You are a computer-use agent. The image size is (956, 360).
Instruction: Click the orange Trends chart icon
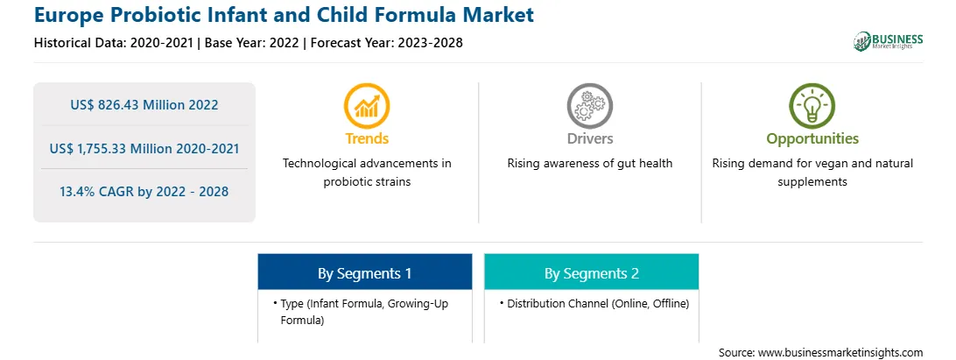coord(367,106)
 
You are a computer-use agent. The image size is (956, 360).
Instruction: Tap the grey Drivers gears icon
coord(589,106)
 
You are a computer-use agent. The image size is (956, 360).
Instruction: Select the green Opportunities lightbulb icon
coord(812,106)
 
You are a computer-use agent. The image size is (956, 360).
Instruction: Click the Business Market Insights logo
coord(888,41)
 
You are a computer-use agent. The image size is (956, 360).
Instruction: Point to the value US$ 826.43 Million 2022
coord(144,105)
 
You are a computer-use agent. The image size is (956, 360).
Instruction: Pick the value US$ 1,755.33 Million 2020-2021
coord(144,148)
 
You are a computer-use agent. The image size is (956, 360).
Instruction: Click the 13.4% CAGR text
coord(144,192)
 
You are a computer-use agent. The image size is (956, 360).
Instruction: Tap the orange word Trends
coord(367,138)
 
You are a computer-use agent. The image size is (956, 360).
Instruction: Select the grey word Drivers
coord(589,138)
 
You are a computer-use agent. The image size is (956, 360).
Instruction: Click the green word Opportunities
coord(812,139)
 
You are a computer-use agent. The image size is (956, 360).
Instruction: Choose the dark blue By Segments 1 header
coord(364,272)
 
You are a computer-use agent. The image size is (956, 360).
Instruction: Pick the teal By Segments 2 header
coord(592,272)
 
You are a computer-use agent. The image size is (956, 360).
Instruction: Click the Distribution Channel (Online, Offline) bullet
coord(594,303)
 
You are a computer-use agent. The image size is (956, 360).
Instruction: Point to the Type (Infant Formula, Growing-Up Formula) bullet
coord(361,311)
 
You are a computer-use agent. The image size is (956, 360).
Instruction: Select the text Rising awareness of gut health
coord(589,164)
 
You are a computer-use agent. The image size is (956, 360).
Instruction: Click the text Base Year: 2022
coord(252,43)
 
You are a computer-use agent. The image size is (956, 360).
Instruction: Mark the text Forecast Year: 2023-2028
coord(384,43)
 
